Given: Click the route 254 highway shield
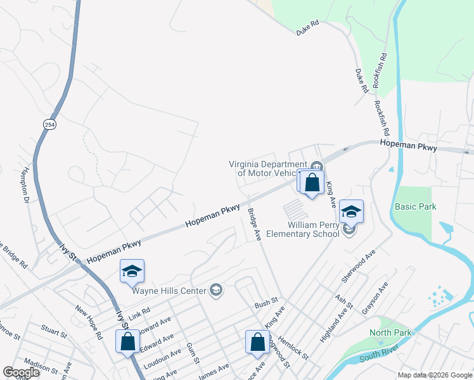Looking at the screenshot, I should point(48,124).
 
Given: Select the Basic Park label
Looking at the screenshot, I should point(415,206).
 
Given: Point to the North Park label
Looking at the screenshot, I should point(390,332).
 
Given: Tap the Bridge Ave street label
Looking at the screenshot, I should point(254,224).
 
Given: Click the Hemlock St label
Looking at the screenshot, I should point(293,348).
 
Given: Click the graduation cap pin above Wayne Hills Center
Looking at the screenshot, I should point(132,272).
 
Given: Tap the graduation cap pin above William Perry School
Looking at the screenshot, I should point(351,212).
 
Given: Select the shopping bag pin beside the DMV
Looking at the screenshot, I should point(312,183).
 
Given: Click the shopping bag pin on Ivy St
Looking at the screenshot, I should point(127,341).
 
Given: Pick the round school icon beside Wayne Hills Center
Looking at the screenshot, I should point(216,290).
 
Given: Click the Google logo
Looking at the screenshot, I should point(22,372).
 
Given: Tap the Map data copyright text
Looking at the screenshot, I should point(435,375).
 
